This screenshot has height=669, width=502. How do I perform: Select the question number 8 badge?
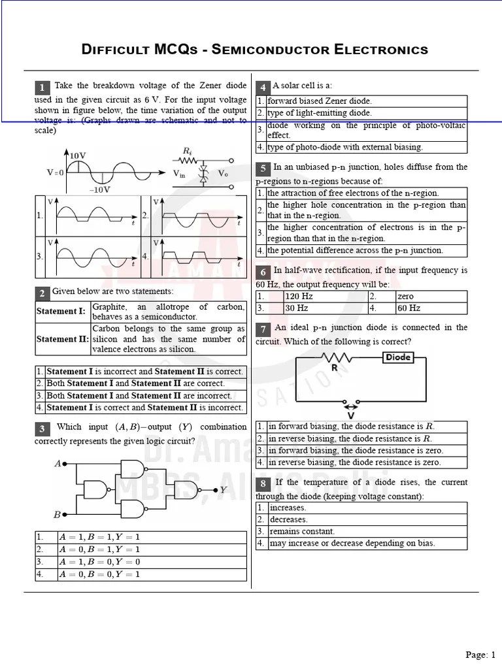coord(263,484)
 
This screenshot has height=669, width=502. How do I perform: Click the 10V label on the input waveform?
coord(78,155)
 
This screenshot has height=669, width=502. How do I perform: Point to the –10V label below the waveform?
coord(99,189)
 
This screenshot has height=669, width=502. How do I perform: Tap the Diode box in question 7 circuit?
coord(398,357)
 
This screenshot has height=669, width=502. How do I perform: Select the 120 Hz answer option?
coord(299,296)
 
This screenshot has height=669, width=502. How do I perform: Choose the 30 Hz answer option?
coord(297,308)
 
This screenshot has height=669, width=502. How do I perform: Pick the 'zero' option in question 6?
coord(405,296)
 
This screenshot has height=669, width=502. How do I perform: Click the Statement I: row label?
coord(61,311)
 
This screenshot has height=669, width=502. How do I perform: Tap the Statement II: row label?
coord(62,339)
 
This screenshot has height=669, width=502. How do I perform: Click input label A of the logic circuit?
coord(58,463)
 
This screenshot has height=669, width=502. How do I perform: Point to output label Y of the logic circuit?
coord(224,489)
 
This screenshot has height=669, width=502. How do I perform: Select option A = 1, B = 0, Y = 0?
coord(99,562)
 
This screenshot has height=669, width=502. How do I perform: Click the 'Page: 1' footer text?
coord(480,655)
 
